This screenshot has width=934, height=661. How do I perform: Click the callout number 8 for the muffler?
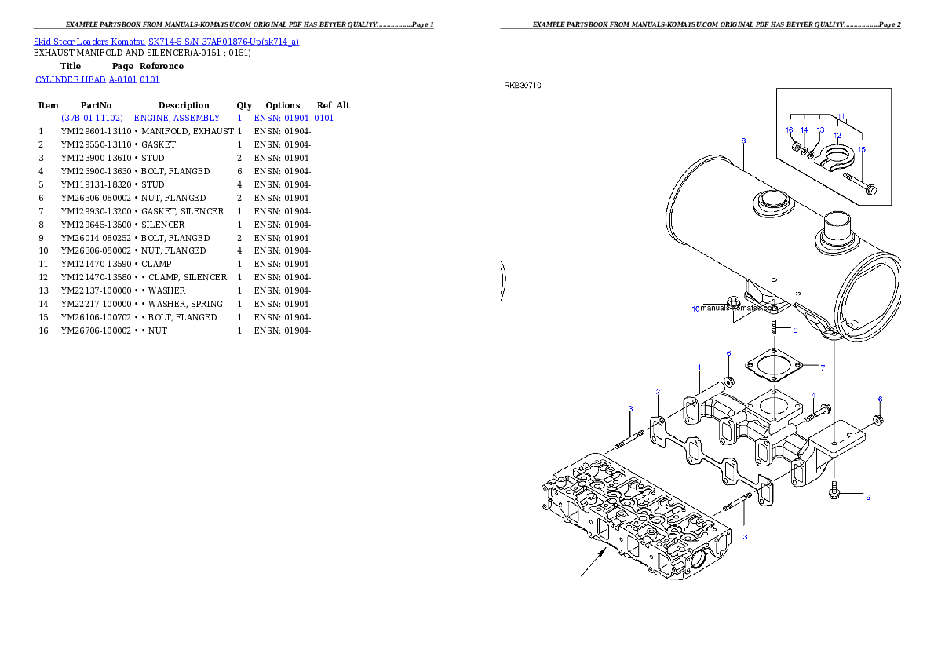click(743, 141)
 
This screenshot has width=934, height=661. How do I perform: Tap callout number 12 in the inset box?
click(837, 135)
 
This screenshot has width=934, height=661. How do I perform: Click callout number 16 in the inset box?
click(790, 130)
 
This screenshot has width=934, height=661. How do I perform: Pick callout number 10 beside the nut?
click(695, 309)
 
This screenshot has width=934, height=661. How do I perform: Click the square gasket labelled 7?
click(773, 363)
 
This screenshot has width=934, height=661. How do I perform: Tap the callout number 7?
click(822, 367)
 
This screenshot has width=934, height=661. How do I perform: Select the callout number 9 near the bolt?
click(868, 497)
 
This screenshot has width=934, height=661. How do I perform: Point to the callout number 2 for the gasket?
click(658, 391)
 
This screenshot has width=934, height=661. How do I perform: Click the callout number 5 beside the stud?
click(794, 330)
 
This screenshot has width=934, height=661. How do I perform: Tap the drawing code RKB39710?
click(523, 85)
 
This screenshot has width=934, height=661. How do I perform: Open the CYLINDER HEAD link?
click(98, 79)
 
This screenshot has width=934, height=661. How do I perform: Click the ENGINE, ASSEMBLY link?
click(177, 118)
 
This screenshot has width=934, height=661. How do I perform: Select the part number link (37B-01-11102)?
click(93, 118)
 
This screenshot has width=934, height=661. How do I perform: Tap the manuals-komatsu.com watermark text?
click(739, 309)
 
